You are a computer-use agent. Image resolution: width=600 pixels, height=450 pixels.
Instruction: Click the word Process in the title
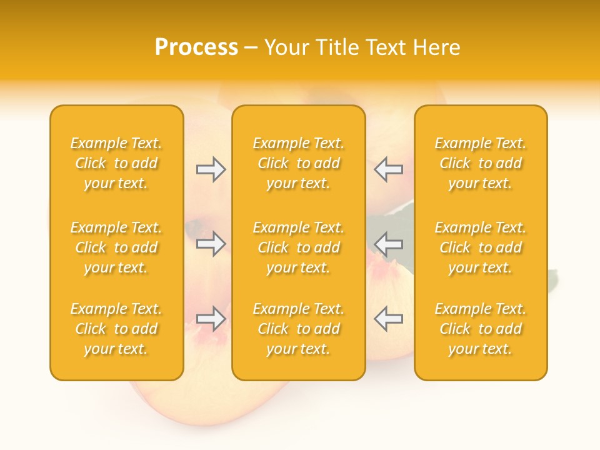coord(196,47)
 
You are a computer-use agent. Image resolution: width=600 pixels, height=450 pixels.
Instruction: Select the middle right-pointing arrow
coord(211,244)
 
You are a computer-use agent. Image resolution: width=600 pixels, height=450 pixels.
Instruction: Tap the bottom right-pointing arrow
coord(211,319)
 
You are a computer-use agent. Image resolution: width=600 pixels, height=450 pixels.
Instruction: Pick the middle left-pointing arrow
coord(388,244)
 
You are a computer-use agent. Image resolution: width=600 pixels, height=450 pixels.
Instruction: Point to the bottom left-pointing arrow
coord(388,319)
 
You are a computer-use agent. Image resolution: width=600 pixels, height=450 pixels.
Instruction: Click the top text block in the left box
coord(116,163)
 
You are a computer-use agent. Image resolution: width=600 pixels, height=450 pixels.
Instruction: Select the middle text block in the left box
coord(116,247)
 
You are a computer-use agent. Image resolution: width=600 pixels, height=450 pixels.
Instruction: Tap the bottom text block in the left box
coord(116,329)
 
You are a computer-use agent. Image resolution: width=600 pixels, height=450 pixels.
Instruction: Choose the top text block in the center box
coord(298,163)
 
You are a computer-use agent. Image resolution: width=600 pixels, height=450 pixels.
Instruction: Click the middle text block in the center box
coord(298,247)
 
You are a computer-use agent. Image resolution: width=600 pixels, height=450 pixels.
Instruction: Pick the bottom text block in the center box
coord(298,329)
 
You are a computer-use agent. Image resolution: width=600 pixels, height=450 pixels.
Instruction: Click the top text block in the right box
coord(481,163)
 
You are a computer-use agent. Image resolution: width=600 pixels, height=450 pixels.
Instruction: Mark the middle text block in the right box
coord(481,247)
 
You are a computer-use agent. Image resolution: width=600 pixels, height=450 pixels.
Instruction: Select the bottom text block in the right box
coord(481,329)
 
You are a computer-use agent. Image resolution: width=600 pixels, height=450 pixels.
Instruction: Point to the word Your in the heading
coord(284,47)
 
